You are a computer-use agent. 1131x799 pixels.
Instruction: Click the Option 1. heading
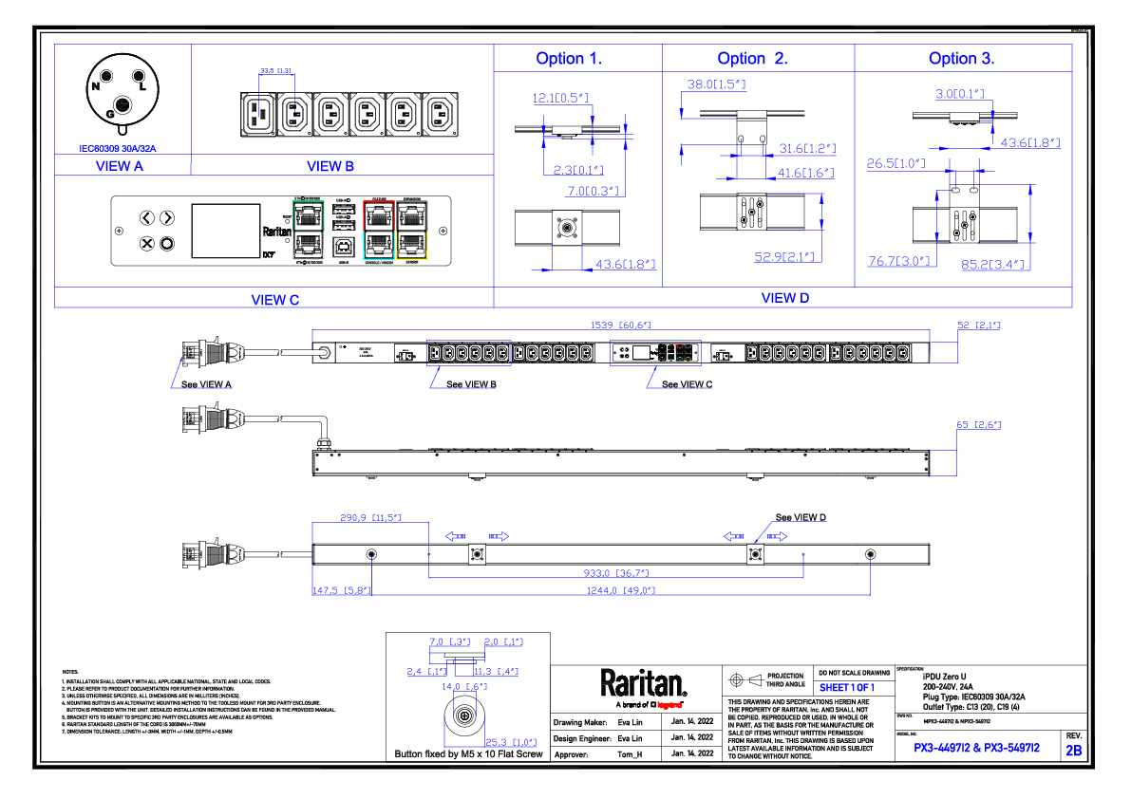569,59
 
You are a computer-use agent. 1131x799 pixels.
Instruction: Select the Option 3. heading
961,59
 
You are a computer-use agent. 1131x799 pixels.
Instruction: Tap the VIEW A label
120,166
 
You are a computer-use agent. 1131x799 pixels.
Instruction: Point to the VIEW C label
274,300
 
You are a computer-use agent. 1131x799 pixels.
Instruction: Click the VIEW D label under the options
785,298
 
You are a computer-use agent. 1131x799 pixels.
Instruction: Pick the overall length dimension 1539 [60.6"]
620,325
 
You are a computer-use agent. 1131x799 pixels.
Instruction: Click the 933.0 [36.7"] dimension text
615,573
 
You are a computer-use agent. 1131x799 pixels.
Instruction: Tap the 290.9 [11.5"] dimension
370,518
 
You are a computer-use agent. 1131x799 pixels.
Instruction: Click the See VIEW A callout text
206,384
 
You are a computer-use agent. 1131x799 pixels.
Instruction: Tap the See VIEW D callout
801,518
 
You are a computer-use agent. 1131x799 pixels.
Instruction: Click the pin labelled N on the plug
96,85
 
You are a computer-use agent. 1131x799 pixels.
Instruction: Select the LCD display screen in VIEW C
226,231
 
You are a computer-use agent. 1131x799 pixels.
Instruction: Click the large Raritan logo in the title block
643,684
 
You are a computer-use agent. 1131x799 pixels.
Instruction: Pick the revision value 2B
1073,751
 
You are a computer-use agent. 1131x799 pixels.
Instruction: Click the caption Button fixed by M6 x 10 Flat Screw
468,754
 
